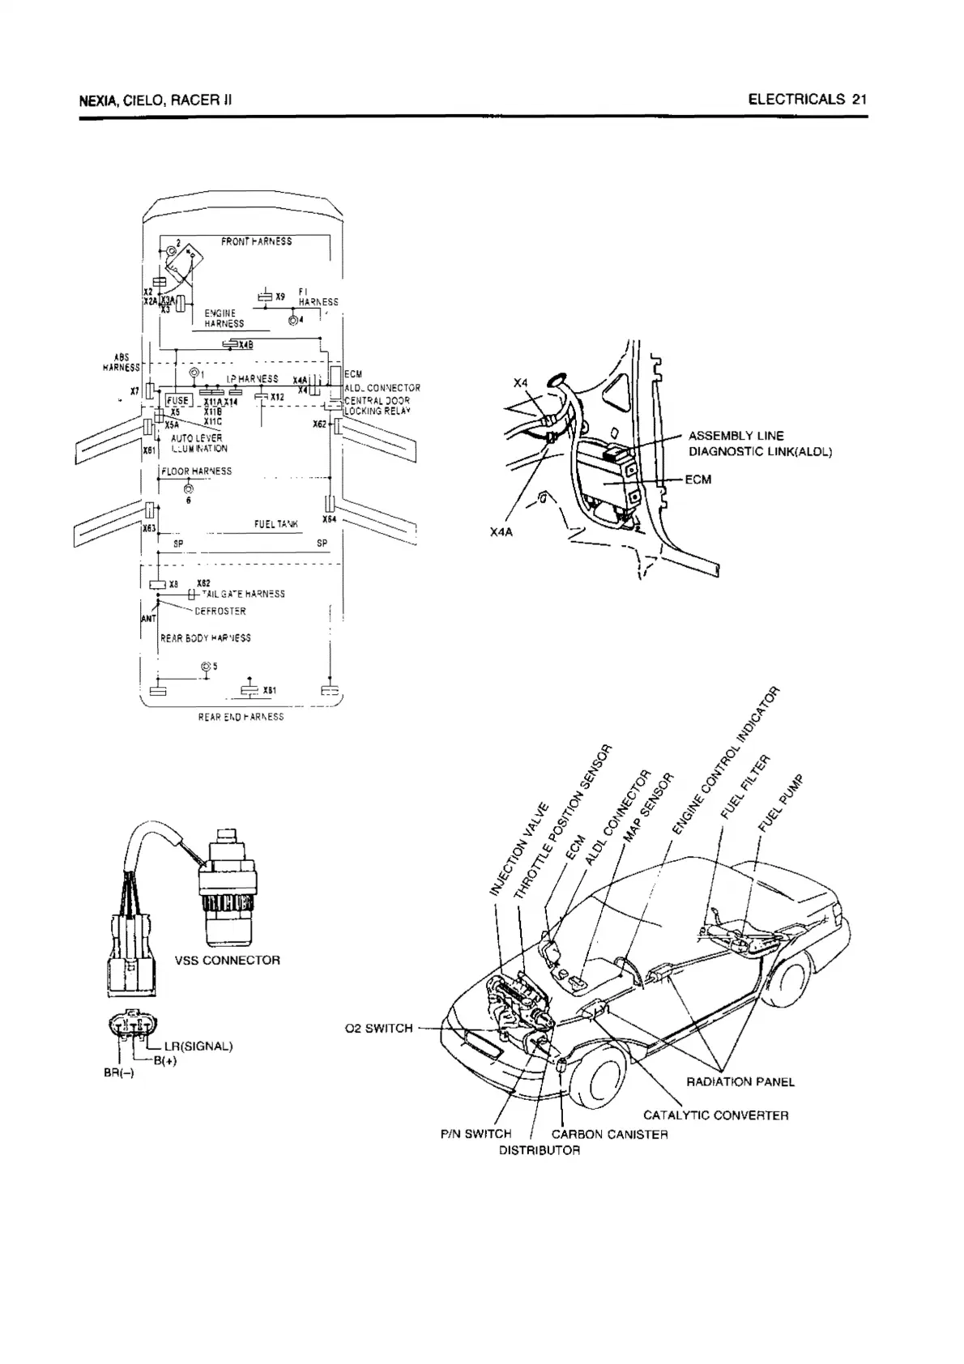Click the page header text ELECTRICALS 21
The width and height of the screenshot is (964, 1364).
(807, 100)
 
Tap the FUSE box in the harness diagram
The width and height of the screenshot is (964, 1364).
(177, 400)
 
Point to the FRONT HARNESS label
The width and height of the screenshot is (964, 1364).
(256, 241)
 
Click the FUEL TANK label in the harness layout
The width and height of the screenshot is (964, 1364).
(276, 524)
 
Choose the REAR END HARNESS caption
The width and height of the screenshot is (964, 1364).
(241, 717)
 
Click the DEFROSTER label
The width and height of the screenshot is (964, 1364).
(220, 612)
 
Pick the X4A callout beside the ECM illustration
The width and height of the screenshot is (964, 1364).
(501, 532)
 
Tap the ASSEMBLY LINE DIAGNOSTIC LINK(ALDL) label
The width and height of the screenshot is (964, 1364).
(759, 444)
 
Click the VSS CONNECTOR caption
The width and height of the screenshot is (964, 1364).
(228, 961)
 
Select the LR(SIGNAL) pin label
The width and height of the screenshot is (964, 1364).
(198, 1046)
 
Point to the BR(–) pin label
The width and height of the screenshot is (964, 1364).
(119, 1072)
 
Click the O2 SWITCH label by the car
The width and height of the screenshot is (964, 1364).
(378, 1029)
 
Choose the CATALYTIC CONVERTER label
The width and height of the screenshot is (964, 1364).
(715, 1115)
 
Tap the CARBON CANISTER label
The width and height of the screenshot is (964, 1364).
(609, 1134)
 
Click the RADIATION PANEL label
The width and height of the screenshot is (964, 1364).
(740, 1081)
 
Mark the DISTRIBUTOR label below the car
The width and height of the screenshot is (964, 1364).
(539, 1150)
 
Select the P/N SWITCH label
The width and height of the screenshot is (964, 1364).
(476, 1134)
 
